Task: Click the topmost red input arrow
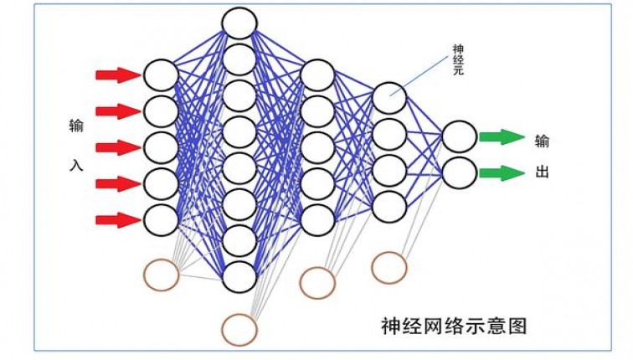point(117,75)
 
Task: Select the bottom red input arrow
point(117,220)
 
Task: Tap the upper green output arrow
point(501,136)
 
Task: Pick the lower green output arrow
point(501,173)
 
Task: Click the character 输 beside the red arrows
point(76,127)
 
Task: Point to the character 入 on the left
point(76,165)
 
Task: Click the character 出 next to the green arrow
point(542,173)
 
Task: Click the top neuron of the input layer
point(161,75)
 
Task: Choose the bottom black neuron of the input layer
point(161,220)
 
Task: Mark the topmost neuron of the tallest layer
point(239,22)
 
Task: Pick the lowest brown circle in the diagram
point(239,329)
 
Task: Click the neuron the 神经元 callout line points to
point(389,98)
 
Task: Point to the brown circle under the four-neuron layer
point(389,267)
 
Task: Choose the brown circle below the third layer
point(317,282)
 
